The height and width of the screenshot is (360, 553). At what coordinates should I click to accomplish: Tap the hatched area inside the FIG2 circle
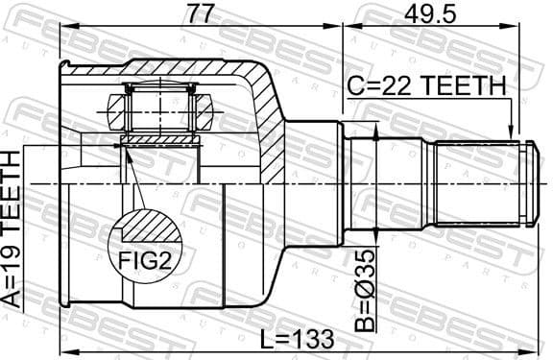tap(144, 228)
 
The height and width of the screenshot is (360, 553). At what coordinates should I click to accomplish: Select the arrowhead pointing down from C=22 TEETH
tap(513, 135)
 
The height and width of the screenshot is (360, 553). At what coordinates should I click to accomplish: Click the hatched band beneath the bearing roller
tap(160, 140)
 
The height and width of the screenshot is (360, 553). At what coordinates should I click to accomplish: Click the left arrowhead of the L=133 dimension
tap(64, 349)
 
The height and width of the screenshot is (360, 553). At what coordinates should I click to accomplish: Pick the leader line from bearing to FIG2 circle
tap(133, 178)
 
